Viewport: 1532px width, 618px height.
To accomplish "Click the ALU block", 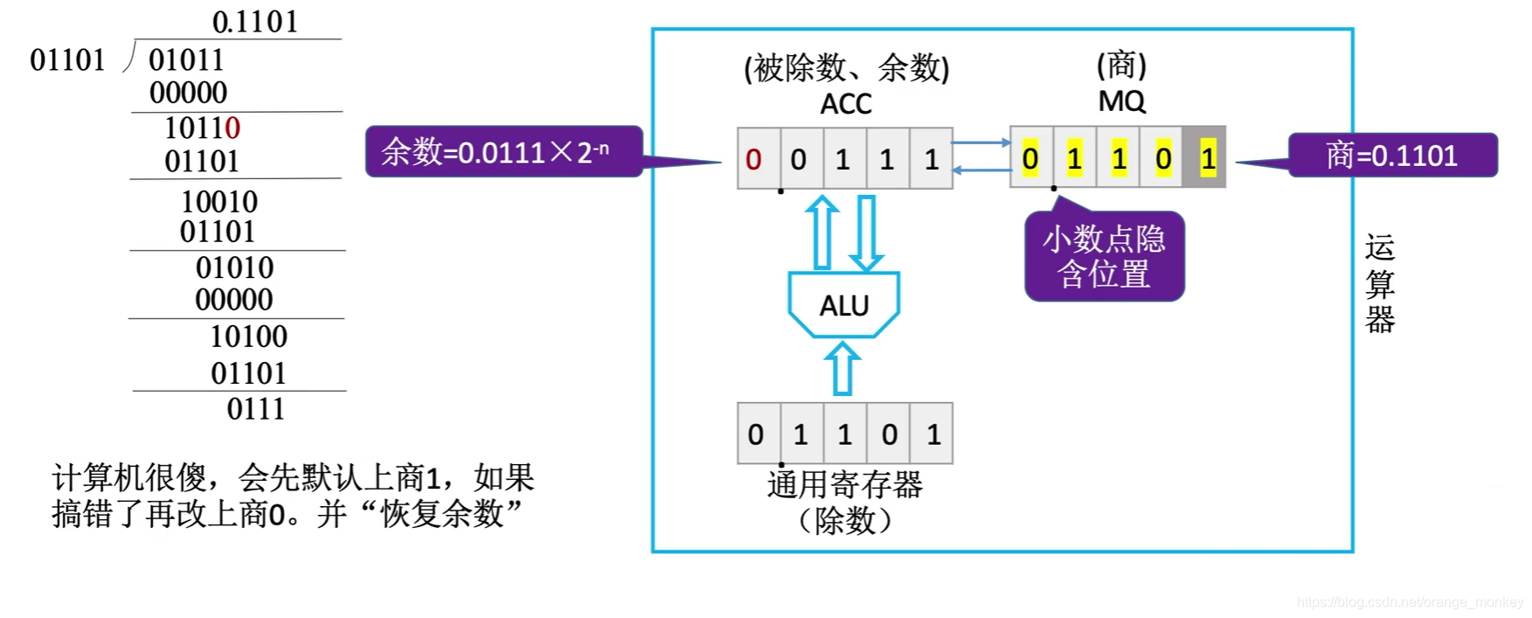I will [843, 305].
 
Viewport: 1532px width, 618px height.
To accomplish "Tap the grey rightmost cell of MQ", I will [1205, 158].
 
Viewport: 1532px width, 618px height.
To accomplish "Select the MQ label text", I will [1121, 101].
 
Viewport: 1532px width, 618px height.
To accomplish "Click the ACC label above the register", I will [845, 104].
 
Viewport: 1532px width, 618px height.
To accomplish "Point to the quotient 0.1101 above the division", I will [254, 22].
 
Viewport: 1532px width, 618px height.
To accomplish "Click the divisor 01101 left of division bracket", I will [67, 60].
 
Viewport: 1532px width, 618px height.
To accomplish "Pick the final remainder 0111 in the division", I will [255, 408].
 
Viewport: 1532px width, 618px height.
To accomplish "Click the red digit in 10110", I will [232, 128].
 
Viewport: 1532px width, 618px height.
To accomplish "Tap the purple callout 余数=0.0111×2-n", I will [503, 152].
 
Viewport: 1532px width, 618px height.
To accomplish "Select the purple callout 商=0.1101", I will [1392, 156].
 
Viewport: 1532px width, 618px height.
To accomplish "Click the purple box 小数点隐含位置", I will [1104, 257].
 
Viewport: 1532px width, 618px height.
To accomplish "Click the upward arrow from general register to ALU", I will [842, 368].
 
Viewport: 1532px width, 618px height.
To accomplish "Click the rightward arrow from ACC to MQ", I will [981, 142].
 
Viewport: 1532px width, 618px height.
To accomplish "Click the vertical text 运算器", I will [1379, 284].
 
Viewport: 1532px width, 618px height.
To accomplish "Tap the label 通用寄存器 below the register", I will [844, 484].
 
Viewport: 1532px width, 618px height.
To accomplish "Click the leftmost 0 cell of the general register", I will [757, 434].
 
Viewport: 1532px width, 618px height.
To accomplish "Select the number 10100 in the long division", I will [248, 337].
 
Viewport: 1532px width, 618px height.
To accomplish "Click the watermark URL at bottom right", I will [1409, 602].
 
